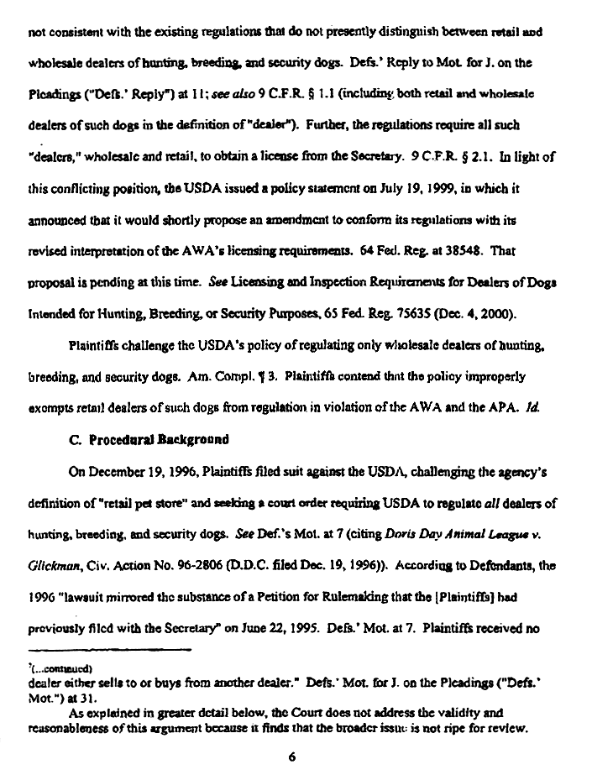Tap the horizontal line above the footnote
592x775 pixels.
[84, 649]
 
